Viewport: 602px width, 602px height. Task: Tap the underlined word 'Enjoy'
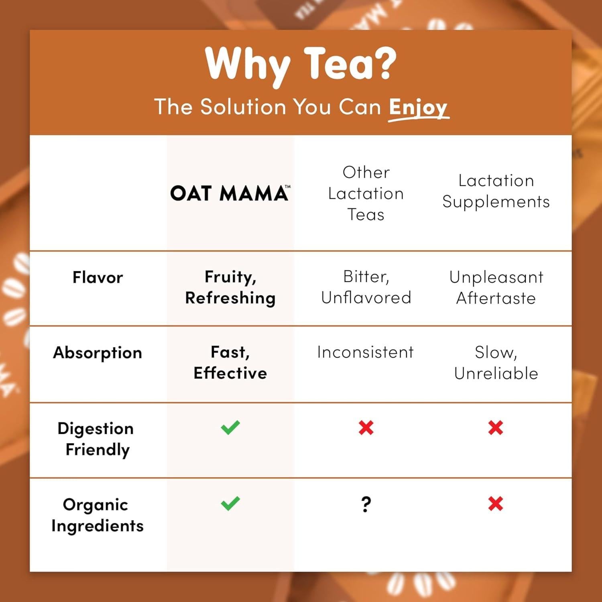tap(418, 108)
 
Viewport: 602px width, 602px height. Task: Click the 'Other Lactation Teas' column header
tap(366, 193)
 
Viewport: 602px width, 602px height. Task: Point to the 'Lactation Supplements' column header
tap(496, 191)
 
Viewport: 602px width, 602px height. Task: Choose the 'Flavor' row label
tap(98, 277)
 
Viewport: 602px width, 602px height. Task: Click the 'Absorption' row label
tap(98, 353)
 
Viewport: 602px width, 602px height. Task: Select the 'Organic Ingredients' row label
tap(97, 515)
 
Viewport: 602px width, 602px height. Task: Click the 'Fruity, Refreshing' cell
tap(230, 287)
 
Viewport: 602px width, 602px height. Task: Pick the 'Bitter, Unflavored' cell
tap(366, 287)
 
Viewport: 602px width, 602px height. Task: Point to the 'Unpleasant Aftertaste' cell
tap(496, 287)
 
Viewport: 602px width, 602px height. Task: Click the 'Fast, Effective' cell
tap(230, 362)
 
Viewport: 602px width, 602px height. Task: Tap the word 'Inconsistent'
tap(365, 352)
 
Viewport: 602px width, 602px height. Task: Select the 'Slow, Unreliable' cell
tap(496, 363)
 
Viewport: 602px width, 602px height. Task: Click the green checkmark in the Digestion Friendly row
tap(230, 427)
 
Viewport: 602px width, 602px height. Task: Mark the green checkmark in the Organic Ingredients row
tap(230, 503)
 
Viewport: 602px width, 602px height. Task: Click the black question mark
tap(366, 504)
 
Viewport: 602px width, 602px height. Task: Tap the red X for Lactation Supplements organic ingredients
tap(496, 503)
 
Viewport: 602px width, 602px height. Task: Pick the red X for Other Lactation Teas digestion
tap(366, 428)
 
